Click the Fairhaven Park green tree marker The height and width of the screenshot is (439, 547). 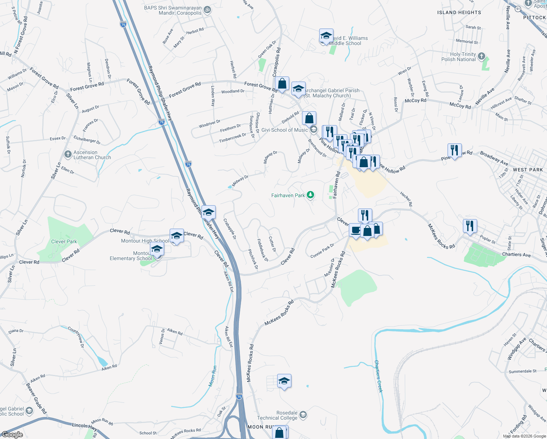pyautogui.click(x=310, y=195)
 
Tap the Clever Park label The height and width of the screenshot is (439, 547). pyautogui.click(x=64, y=241)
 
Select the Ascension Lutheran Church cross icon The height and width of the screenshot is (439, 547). pyautogui.click(x=68, y=154)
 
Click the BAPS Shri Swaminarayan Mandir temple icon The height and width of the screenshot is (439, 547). pyautogui.click(x=207, y=10)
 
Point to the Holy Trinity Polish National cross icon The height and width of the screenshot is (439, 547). pyautogui.click(x=482, y=56)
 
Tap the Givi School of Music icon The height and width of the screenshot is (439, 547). pyautogui.click(x=313, y=130)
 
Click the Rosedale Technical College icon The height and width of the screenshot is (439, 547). pyautogui.click(x=303, y=415)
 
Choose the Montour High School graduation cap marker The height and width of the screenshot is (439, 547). pyautogui.click(x=177, y=236)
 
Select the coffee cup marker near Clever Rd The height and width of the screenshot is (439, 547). pyautogui.click(x=355, y=230)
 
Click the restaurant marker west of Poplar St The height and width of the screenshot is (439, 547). pyautogui.click(x=470, y=226)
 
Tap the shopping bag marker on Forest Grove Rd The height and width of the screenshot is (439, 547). pyautogui.click(x=282, y=84)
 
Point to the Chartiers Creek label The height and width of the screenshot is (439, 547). pyautogui.click(x=378, y=376)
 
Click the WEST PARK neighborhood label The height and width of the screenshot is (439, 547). pyautogui.click(x=528, y=170)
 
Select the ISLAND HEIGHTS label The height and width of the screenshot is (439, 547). pyautogui.click(x=459, y=12)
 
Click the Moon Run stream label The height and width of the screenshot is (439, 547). pyautogui.click(x=212, y=376)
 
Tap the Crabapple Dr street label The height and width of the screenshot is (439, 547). pyautogui.click(x=230, y=229)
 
